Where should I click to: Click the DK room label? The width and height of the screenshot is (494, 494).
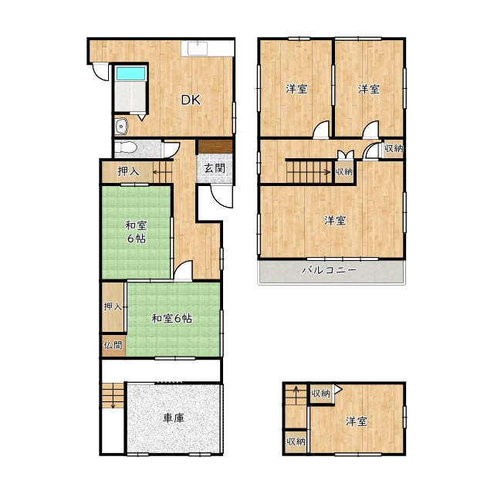[191, 100]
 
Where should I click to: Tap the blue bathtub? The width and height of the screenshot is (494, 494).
[131, 73]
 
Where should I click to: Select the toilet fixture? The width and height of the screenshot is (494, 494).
[125, 147]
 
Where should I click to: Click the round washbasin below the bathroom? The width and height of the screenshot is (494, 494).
[120, 127]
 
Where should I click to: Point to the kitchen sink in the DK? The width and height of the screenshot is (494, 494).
[198, 48]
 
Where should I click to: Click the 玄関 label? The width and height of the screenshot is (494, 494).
[215, 168]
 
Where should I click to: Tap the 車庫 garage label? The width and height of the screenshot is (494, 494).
[174, 418]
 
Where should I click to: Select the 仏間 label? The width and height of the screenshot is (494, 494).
[113, 345]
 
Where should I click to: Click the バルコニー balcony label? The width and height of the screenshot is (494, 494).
[330, 270]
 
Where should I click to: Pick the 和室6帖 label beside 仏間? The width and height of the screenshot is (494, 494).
[171, 319]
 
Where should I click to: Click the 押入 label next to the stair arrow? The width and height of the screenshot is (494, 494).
[128, 171]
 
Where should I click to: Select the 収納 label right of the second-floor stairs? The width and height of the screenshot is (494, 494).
[344, 171]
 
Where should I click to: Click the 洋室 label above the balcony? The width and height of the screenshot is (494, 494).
[335, 220]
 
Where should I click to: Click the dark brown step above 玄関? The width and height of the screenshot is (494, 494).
[215, 147]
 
